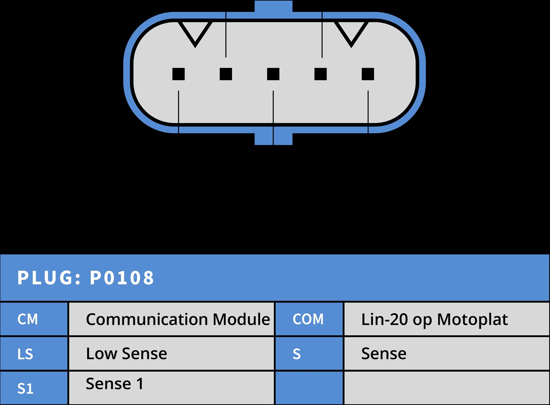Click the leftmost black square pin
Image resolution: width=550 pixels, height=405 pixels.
coord(178,74)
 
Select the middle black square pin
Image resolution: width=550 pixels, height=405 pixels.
coord(273,74)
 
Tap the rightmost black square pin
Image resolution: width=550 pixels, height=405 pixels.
coord(368,74)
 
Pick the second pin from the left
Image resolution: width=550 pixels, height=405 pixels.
coord(226,74)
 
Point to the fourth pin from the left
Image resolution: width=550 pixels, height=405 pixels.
coord(321,74)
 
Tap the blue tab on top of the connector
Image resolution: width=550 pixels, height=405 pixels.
coord(274,7)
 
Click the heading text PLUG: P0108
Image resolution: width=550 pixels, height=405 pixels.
coord(86,278)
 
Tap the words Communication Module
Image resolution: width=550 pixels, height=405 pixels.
coord(178,319)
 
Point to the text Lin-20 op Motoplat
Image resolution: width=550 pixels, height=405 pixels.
coord(434,319)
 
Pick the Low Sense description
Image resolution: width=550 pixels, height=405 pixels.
coord(126,353)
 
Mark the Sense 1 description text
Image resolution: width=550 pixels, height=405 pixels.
coord(115,384)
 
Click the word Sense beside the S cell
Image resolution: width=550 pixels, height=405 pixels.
coord(384,353)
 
